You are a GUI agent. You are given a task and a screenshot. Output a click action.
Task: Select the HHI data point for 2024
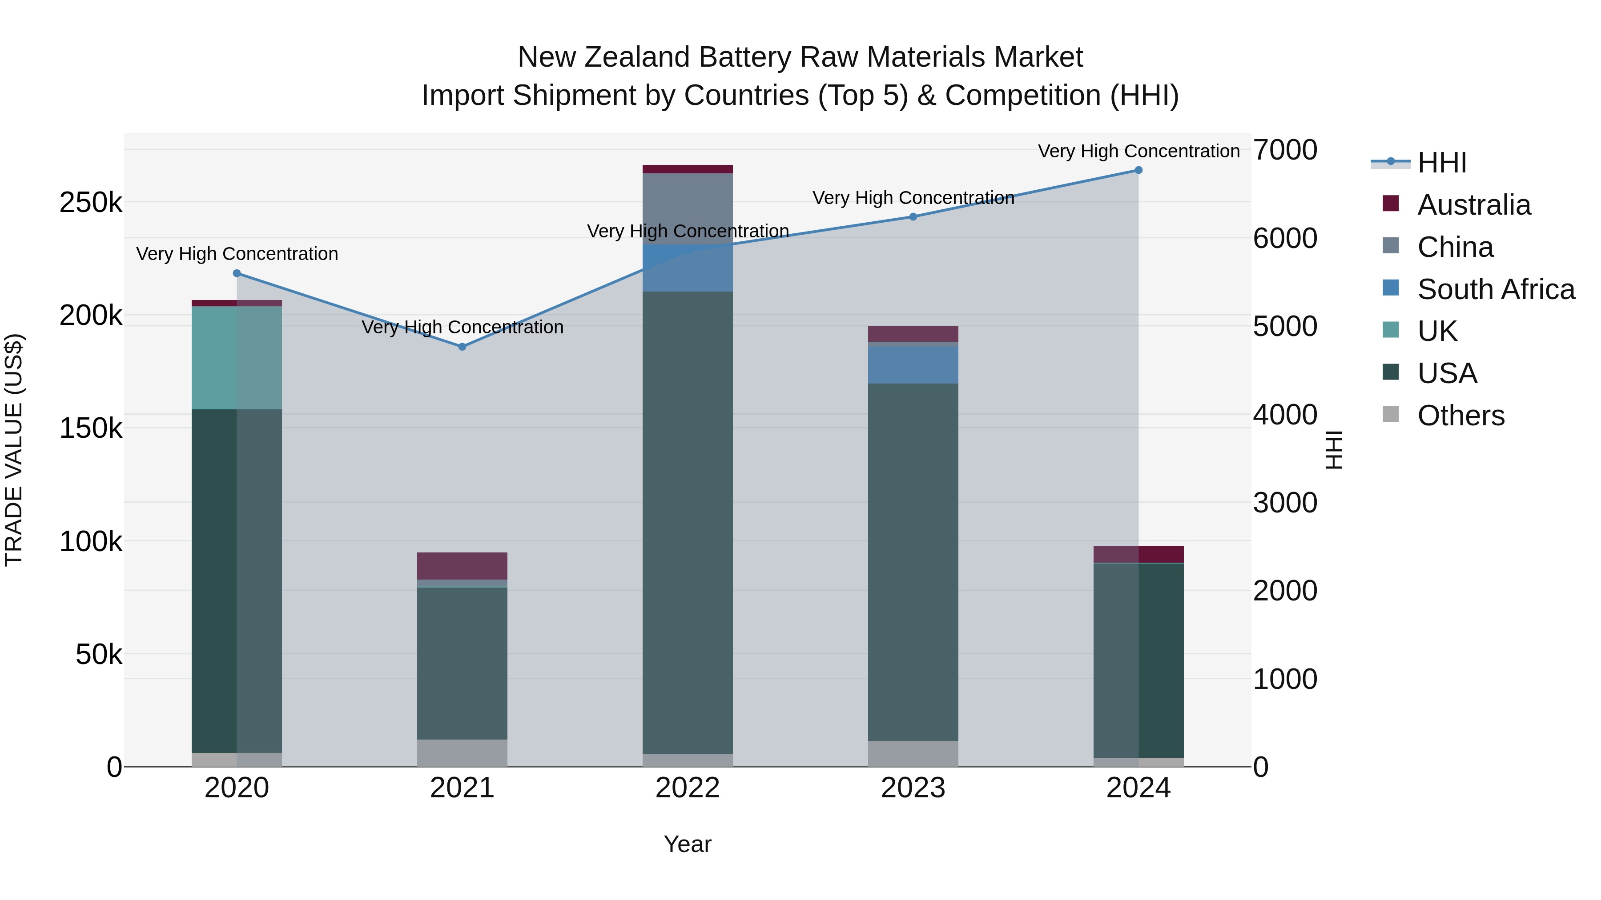1138,170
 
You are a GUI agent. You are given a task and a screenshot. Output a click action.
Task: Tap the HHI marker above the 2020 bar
236,273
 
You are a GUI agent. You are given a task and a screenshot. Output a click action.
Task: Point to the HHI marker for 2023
913,217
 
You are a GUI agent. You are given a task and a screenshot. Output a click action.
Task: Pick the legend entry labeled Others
1460,416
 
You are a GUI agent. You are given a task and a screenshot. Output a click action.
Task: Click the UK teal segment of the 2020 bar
236,357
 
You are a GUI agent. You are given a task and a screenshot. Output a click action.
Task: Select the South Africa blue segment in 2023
913,364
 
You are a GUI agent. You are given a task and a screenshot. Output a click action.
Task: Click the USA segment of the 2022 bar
688,522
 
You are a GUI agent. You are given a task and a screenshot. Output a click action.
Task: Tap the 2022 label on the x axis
688,788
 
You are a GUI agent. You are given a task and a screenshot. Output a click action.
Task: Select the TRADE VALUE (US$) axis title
14,450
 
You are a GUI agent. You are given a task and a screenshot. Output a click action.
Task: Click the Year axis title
688,844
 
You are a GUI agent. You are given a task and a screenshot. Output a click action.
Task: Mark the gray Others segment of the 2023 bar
913,753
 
